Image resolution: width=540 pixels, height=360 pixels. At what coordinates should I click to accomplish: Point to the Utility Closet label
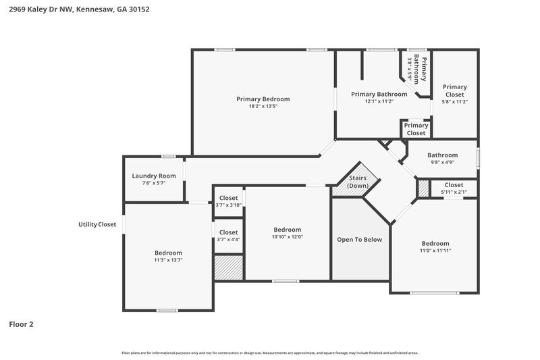tap(98, 224)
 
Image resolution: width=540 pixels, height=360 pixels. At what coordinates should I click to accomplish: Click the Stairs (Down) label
tap(357, 181)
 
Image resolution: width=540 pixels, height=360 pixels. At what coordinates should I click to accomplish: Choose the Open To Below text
tap(359, 239)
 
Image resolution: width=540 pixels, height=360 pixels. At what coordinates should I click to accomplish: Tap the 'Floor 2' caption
tap(21, 324)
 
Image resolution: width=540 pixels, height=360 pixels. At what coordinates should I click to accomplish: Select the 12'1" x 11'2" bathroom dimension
tap(379, 101)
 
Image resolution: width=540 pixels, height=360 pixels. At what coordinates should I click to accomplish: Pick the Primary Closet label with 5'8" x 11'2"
tap(454, 91)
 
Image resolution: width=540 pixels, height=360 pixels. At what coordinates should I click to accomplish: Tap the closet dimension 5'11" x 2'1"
tap(454, 192)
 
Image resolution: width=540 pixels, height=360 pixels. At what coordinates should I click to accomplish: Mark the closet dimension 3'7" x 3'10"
tap(228, 205)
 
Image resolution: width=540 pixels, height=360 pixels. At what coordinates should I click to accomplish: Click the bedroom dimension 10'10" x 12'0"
tap(287, 236)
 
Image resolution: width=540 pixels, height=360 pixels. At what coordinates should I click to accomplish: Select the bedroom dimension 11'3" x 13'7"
tap(168, 260)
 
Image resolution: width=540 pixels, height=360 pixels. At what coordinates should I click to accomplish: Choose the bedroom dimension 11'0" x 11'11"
tap(435, 251)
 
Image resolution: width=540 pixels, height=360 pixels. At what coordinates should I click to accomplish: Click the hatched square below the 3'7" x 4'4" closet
tap(228, 267)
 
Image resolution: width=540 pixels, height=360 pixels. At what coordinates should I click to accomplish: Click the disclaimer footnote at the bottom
tap(269, 353)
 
